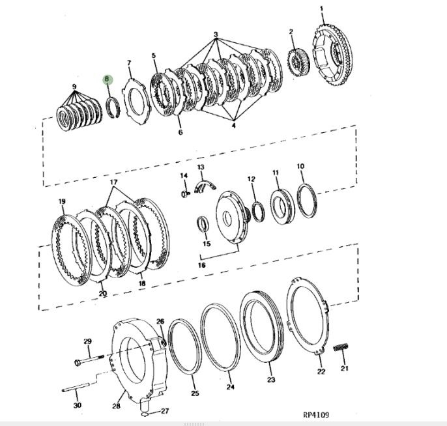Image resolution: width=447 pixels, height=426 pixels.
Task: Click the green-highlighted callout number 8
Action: [x=108, y=80]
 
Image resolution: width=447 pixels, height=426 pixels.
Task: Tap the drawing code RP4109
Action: [x=317, y=415]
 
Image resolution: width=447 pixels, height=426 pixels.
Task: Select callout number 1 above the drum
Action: [x=322, y=8]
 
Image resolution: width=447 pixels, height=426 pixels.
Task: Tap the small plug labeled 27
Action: [x=145, y=412]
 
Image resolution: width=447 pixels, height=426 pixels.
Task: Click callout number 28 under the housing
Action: [x=116, y=407]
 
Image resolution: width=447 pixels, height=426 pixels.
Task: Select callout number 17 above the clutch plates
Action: [x=113, y=182]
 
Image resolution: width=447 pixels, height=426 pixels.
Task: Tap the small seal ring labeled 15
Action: [x=203, y=225]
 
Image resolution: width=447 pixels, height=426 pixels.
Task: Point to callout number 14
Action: [x=184, y=176]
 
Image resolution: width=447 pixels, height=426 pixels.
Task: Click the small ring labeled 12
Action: [x=258, y=210]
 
